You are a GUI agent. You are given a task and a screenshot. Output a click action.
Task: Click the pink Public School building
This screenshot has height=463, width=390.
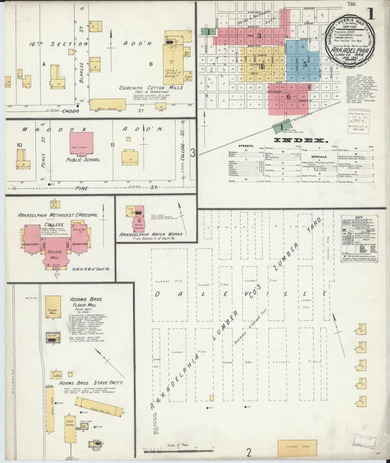coord(86,143)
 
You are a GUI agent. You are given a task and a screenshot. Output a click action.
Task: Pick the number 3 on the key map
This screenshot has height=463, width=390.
coord(258,34)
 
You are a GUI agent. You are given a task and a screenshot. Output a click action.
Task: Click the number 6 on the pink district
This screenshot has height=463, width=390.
coord(288,96)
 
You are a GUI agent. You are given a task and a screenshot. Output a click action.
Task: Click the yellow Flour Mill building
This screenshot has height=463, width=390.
coord(53,306)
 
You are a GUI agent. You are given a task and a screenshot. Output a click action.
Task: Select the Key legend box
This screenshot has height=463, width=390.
coord(359,238)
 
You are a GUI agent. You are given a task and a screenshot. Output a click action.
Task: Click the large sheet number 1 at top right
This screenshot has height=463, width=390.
coord(371,12)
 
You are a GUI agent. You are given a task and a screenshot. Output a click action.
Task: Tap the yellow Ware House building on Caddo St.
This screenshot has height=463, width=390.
coord(108,104)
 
